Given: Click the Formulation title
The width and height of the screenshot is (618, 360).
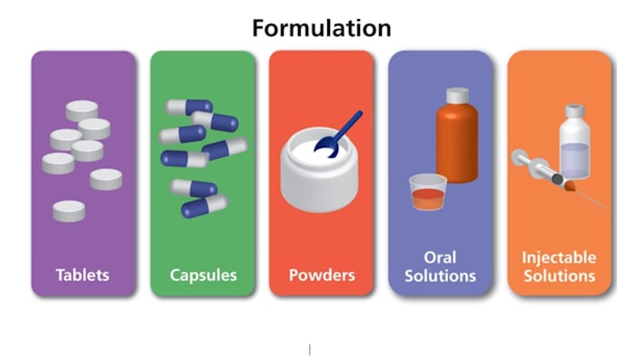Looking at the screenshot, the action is click(x=322, y=28).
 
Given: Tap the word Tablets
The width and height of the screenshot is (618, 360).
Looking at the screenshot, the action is click(x=83, y=275).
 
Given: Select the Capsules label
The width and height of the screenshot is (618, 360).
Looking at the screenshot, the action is click(x=204, y=275).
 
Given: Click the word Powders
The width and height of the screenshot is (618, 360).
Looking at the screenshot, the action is click(x=322, y=275).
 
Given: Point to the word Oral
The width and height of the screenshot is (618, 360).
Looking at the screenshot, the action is click(x=440, y=257).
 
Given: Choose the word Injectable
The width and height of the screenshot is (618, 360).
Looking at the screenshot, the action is click(x=559, y=258).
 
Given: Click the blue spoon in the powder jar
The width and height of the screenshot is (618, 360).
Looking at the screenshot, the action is click(x=338, y=135).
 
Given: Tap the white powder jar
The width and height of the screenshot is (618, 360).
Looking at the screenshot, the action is click(x=320, y=171).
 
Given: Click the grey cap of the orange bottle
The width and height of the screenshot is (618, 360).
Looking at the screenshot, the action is click(x=457, y=95).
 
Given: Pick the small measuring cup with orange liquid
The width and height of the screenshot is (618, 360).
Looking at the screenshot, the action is click(x=428, y=193).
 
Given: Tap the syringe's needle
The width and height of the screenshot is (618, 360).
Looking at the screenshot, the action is click(x=592, y=199).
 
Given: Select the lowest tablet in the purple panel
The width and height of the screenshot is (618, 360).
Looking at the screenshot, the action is click(x=69, y=211).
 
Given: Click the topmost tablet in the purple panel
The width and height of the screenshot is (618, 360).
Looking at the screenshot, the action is click(x=82, y=110).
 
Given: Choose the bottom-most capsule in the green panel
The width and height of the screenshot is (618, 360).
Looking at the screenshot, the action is click(x=204, y=206).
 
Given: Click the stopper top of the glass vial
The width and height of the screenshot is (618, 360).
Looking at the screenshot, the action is click(x=574, y=110).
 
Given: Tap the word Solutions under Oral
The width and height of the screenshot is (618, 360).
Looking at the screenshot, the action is click(x=440, y=275).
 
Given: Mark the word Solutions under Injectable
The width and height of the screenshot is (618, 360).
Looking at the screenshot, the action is click(x=559, y=275).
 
